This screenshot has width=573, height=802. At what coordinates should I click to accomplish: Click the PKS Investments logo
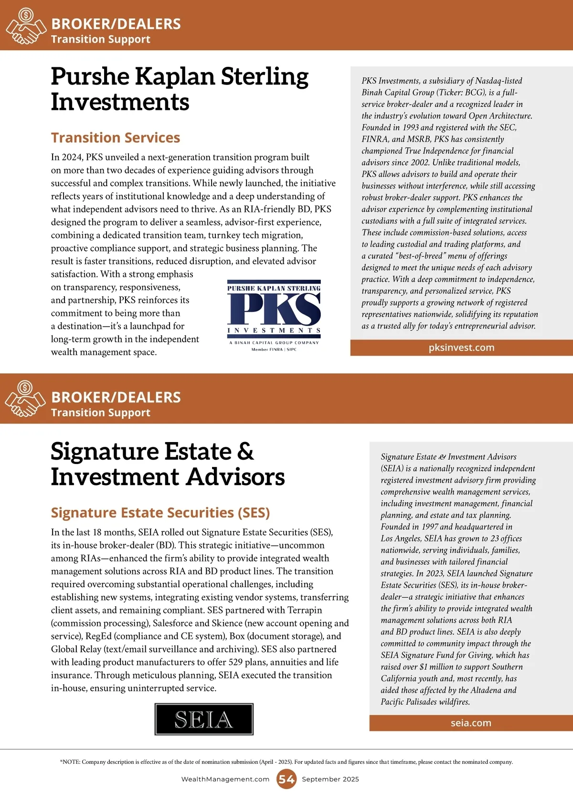click(274, 315)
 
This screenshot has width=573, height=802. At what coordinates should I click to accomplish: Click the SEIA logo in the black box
click(204, 719)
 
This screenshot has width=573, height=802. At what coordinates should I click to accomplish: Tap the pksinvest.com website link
click(461, 348)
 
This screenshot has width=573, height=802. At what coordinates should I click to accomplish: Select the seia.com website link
click(471, 723)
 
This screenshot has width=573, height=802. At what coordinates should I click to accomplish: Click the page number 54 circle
click(286, 779)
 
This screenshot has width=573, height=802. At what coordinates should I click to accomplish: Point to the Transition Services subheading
click(116, 137)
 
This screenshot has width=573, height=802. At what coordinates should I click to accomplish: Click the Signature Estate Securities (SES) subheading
click(160, 512)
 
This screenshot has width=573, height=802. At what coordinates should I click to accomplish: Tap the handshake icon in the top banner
click(25, 27)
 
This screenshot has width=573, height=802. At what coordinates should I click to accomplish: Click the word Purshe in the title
click(90, 76)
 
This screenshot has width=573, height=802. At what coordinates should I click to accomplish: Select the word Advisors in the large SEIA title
click(236, 477)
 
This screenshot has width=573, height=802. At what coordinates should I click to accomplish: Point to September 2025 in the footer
click(330, 779)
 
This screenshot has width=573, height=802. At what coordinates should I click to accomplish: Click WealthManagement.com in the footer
click(225, 779)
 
